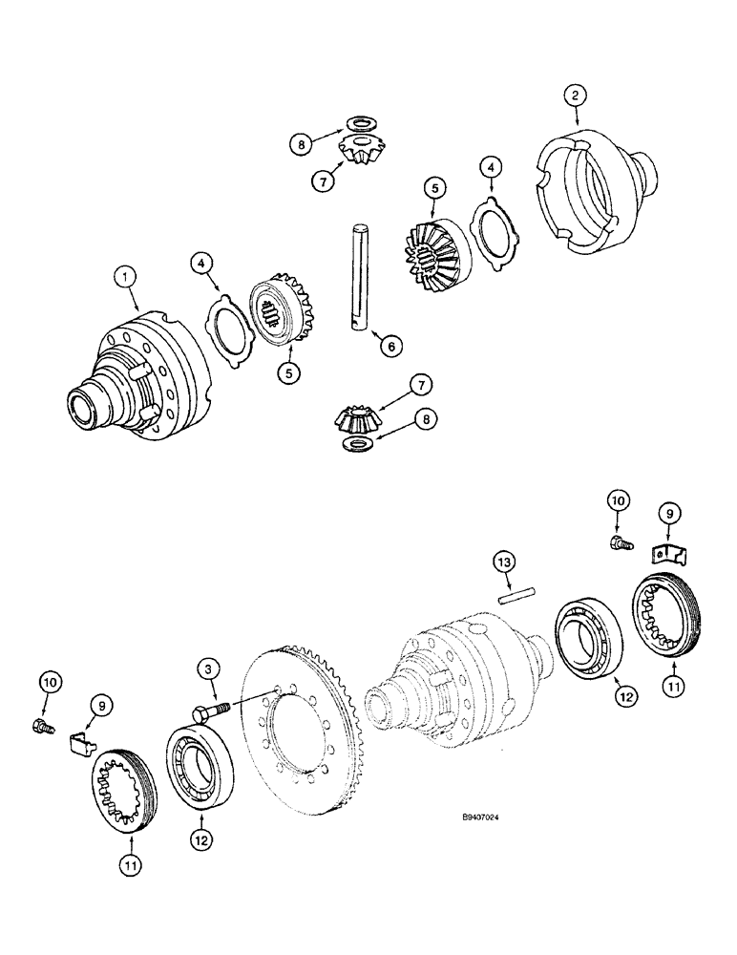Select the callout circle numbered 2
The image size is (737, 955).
(x=576, y=95)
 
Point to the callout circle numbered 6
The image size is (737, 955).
(x=387, y=348)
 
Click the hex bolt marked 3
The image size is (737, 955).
(x=216, y=711)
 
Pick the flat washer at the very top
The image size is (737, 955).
(x=364, y=121)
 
